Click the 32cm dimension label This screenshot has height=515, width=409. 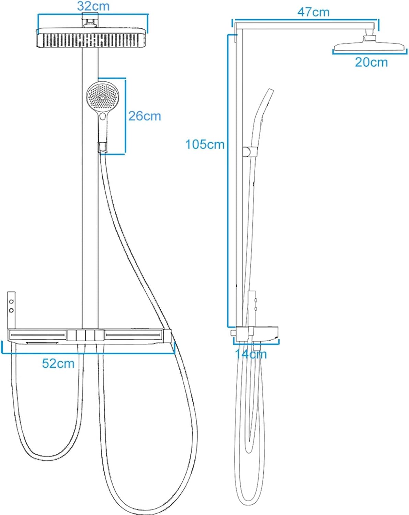[x=93, y=6]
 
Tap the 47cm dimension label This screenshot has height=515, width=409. [x=313, y=12]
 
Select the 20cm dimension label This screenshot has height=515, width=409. [x=371, y=62]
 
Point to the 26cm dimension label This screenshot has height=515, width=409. [x=145, y=116]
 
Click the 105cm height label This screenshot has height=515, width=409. [x=205, y=144]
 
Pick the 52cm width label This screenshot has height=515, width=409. [x=58, y=363]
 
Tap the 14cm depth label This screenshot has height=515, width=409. [x=251, y=354]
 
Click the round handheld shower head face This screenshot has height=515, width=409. [x=101, y=97]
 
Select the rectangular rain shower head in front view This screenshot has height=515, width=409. [x=91, y=39]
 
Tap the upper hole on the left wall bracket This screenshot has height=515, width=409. [x=11, y=301]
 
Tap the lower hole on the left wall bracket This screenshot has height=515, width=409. [x=11, y=310]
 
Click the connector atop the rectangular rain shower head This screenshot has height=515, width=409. [x=90, y=21]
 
